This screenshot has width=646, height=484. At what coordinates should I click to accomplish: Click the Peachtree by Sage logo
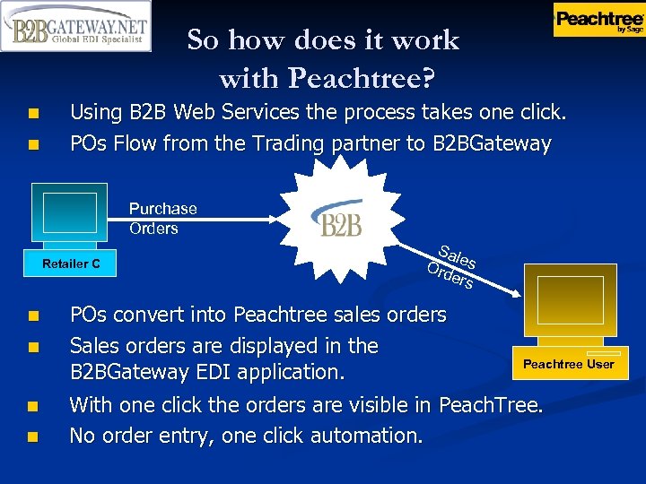pos(598,20)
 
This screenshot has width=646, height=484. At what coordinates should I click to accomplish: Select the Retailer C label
pos(71,264)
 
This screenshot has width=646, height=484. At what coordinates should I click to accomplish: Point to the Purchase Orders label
pos(162,218)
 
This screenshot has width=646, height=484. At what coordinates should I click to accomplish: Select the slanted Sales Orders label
pos(453,266)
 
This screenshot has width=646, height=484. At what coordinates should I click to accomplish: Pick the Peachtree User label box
pos(568,364)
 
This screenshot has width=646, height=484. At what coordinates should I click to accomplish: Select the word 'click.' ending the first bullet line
pos(541,113)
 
